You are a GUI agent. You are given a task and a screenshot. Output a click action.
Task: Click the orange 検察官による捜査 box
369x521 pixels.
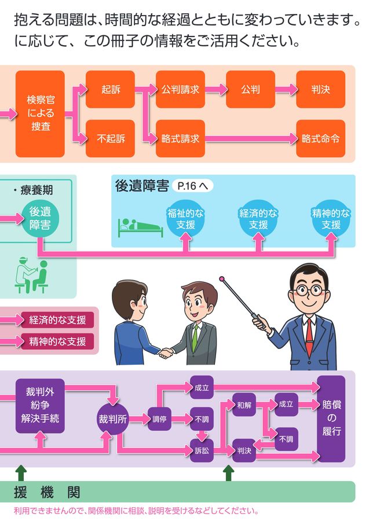(x=40, y=114)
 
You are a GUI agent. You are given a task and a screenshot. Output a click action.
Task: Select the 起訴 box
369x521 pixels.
(x=110, y=89)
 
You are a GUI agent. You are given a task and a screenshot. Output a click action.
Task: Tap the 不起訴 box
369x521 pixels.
(x=110, y=139)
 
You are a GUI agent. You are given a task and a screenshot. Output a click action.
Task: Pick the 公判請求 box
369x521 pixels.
(x=180, y=89)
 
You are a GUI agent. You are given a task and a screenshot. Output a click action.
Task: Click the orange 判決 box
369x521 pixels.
(x=320, y=89)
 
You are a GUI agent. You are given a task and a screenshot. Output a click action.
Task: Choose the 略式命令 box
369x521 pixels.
(x=320, y=139)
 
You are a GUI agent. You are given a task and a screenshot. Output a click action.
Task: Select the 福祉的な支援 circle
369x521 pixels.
(x=185, y=219)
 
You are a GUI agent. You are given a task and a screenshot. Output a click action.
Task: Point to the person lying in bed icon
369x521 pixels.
(x=140, y=227)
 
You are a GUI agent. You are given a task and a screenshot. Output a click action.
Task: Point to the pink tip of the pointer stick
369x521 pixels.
(x=222, y=279)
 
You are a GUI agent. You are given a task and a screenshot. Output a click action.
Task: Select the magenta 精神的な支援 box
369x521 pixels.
(x=57, y=341)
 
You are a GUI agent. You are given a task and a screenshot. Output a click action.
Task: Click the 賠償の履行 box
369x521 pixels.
(x=331, y=418)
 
